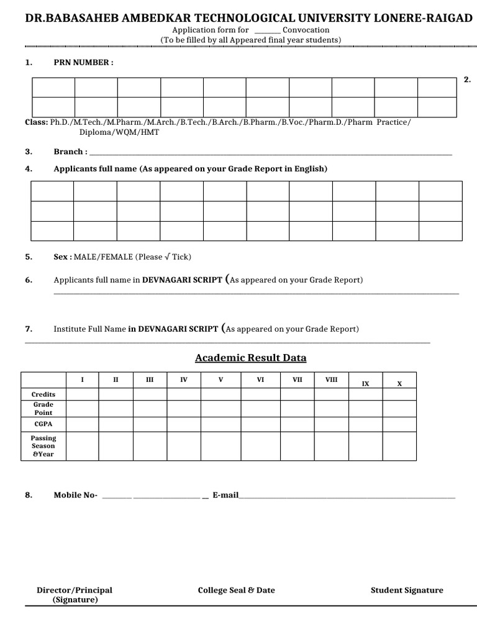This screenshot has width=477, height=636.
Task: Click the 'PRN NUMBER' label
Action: tap(83, 63)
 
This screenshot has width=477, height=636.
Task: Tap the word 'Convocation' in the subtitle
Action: tap(306, 30)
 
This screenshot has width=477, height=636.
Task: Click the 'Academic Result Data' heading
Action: tap(250, 358)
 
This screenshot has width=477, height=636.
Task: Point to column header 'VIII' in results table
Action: tap(332, 379)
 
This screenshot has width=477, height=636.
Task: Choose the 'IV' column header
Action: tap(183, 379)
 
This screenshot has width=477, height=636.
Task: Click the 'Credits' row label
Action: tap(43, 394)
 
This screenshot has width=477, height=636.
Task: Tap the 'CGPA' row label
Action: tap(43, 424)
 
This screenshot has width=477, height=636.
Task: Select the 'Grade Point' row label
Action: tap(43, 409)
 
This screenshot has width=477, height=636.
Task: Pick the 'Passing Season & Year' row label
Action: tap(43, 446)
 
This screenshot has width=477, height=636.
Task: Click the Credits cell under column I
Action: tap(82, 394)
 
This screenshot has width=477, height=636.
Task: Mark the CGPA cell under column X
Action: tap(399, 424)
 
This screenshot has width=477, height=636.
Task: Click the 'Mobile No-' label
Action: tap(76, 495)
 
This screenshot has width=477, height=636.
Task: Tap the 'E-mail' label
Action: tap(225, 495)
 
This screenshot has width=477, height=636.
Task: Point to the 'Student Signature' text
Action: tap(407, 590)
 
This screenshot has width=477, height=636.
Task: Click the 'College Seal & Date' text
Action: tap(236, 590)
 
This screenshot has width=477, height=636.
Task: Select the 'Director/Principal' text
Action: tap(75, 590)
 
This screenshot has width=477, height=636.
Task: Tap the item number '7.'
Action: tap(29, 329)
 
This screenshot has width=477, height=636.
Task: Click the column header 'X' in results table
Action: tap(399, 384)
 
